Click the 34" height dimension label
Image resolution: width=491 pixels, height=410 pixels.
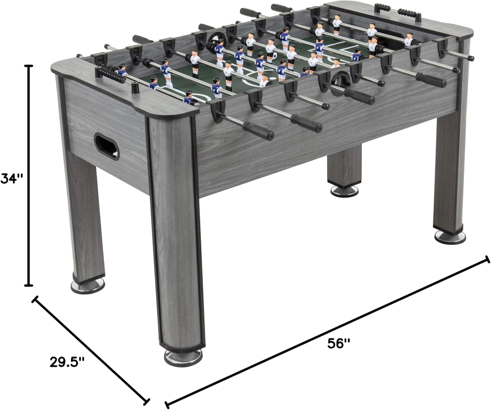click(12, 179)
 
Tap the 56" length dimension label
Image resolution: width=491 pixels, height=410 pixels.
click(339, 344)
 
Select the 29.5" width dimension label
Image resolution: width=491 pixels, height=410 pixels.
click(67, 362)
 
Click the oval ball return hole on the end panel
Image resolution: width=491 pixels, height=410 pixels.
click(106, 146)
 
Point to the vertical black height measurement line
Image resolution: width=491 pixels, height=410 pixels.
click(29, 176)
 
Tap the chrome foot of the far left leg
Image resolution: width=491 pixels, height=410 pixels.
click(87, 286)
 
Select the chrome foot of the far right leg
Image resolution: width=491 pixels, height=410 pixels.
click(450, 236)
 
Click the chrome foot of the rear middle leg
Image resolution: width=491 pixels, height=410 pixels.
click(344, 191)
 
